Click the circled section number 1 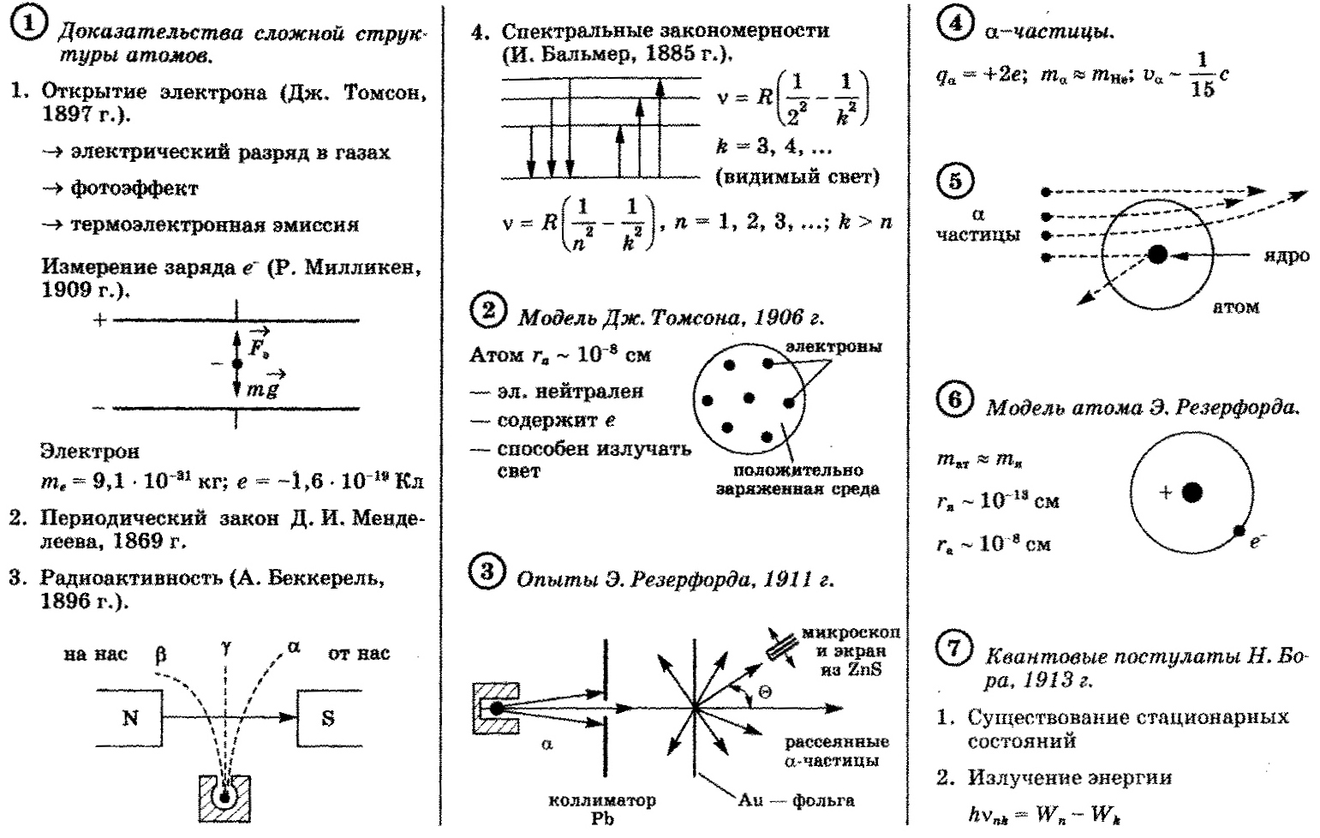[x=28, y=23]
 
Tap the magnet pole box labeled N [x=129, y=717]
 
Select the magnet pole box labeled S [x=328, y=717]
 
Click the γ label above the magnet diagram [x=226, y=649]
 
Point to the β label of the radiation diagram [x=160, y=655]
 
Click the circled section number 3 [x=487, y=572]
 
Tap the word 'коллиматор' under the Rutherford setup [x=602, y=800]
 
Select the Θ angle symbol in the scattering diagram [x=765, y=691]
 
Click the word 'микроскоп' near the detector [x=851, y=632]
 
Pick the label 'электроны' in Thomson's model [x=833, y=347]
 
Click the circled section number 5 [x=955, y=180]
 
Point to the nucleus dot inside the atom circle [x=1157, y=254]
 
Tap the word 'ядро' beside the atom [x=1287, y=255]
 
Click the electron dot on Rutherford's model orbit [x=1239, y=530]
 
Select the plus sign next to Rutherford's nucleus [x=1165, y=493]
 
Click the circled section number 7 [x=954, y=648]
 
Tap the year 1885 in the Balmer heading [x=678, y=54]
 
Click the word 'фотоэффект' [x=134, y=189]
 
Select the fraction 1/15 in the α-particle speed [x=1202, y=75]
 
